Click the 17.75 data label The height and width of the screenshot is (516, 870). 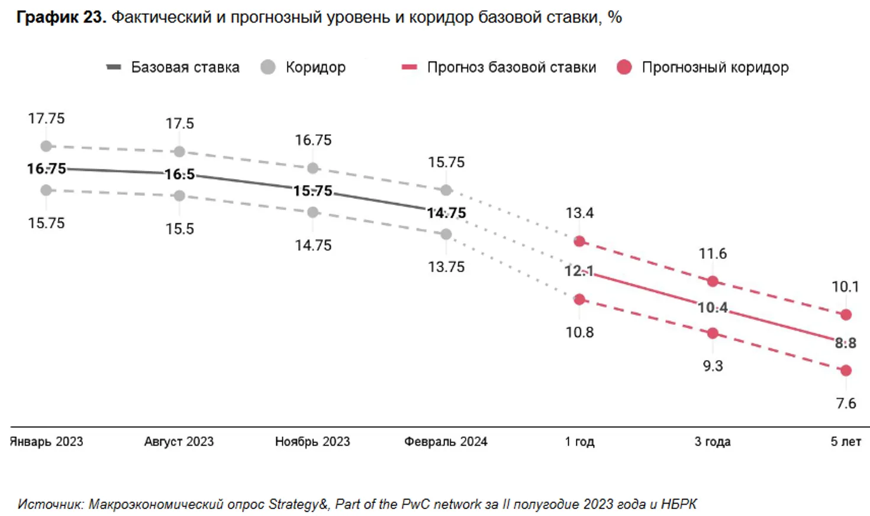tap(46, 118)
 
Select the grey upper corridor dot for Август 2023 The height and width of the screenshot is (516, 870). tap(179, 152)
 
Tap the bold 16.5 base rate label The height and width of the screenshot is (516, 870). tap(179, 175)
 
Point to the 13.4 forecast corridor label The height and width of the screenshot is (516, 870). tap(579, 213)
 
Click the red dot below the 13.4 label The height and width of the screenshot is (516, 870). tap(579, 241)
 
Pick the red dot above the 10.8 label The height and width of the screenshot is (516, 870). tap(579, 299)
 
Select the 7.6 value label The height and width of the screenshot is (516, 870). tap(846, 404)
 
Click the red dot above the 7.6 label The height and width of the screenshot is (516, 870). tap(846, 370)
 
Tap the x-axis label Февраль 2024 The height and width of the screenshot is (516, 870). tap(446, 441)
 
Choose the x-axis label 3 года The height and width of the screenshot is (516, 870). tap(713, 441)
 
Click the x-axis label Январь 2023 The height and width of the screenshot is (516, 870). tap(47, 441)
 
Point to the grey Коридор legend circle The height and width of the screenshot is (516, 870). tap(268, 67)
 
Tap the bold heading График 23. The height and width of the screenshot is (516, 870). tap(61, 17)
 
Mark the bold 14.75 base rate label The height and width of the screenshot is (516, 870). tap(446, 213)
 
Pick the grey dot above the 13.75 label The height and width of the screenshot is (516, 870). tap(446, 234)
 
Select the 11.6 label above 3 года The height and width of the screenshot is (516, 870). tap(713, 254)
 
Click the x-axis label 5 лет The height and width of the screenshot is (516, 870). tap(846, 441)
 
